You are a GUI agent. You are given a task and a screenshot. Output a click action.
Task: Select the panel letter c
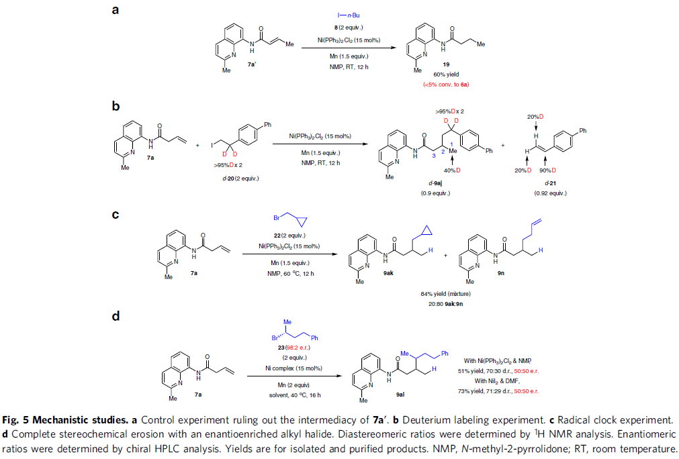(x=115, y=215)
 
